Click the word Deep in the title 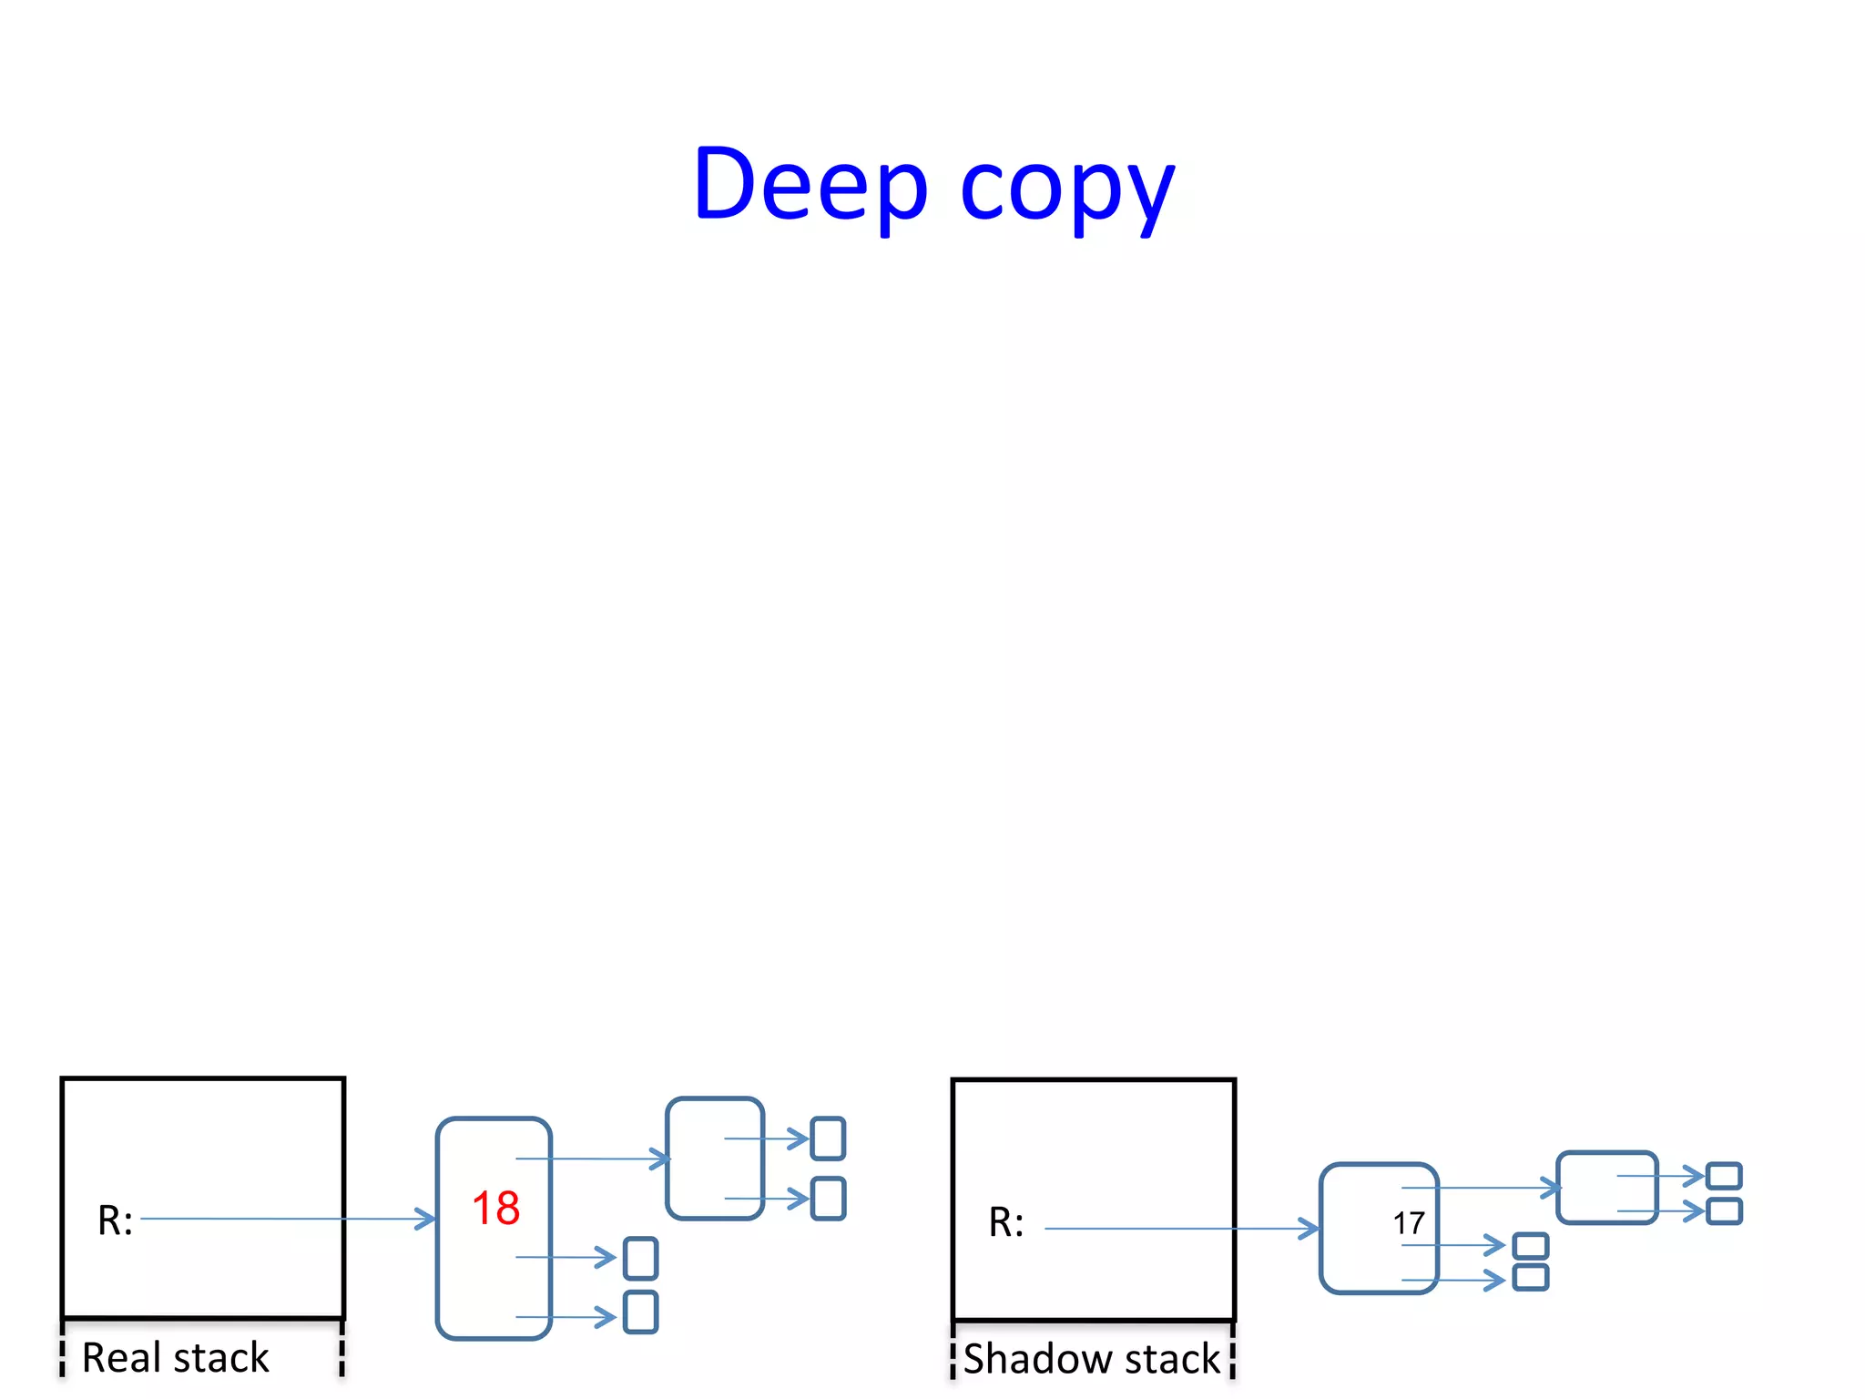[x=810, y=184]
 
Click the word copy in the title [x=1067, y=189]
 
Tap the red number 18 [x=495, y=1209]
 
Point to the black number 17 [x=1408, y=1223]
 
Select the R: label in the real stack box [x=115, y=1220]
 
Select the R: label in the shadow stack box [x=1005, y=1222]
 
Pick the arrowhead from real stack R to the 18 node [x=425, y=1219]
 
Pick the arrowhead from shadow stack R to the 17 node [x=1309, y=1229]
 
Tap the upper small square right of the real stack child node [x=828, y=1139]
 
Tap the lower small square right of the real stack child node [x=828, y=1199]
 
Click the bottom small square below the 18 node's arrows [x=640, y=1312]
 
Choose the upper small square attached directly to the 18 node [x=640, y=1258]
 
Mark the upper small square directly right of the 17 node [x=1530, y=1245]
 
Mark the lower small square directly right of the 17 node [x=1530, y=1277]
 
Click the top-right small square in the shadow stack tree [x=1724, y=1176]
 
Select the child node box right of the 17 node [x=1606, y=1188]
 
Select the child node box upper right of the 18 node [x=715, y=1159]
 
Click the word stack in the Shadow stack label [x=1172, y=1359]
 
